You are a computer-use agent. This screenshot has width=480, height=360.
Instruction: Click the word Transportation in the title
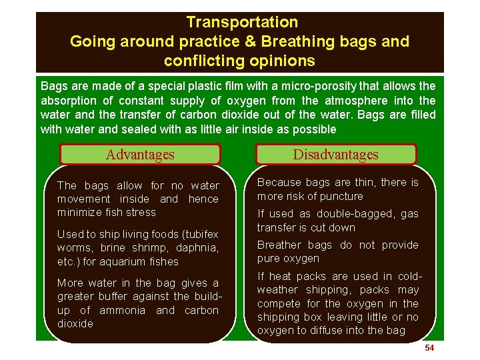(x=242, y=22)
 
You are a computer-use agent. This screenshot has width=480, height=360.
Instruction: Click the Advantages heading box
(x=140, y=155)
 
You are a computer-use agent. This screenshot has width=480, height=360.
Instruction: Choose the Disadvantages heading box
(x=337, y=155)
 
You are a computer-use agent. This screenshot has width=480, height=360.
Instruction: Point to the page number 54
(x=429, y=349)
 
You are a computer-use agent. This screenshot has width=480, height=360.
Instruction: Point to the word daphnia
(x=197, y=248)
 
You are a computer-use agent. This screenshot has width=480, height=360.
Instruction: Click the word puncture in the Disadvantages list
(x=341, y=197)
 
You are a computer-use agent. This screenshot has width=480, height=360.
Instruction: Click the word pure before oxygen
(x=269, y=259)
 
